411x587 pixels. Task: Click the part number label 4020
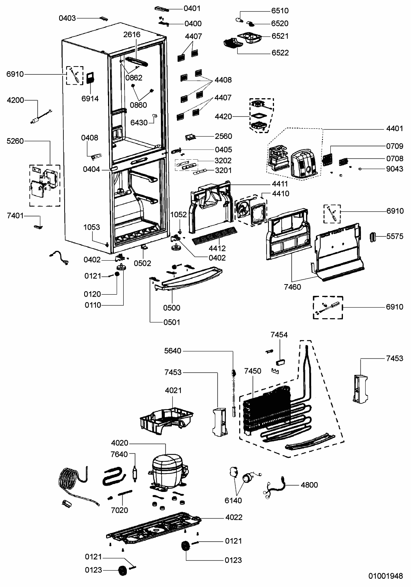(119, 443)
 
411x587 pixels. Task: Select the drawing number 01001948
(385, 576)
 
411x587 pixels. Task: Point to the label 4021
(173, 390)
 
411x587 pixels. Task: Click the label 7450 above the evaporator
(252, 371)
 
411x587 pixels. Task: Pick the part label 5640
(173, 351)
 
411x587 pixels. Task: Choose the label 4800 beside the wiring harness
(309, 485)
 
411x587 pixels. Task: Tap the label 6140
(233, 501)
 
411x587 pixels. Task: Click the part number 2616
(132, 34)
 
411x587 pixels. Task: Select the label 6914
(90, 99)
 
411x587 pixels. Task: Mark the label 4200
(15, 100)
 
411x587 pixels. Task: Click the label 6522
(280, 52)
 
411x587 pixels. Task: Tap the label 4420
(223, 116)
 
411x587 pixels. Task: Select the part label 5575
(395, 236)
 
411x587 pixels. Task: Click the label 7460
(292, 287)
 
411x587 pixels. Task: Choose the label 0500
(172, 308)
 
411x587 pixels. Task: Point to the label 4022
(234, 517)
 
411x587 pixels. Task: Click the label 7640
(119, 454)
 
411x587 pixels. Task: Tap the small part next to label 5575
(373, 236)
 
